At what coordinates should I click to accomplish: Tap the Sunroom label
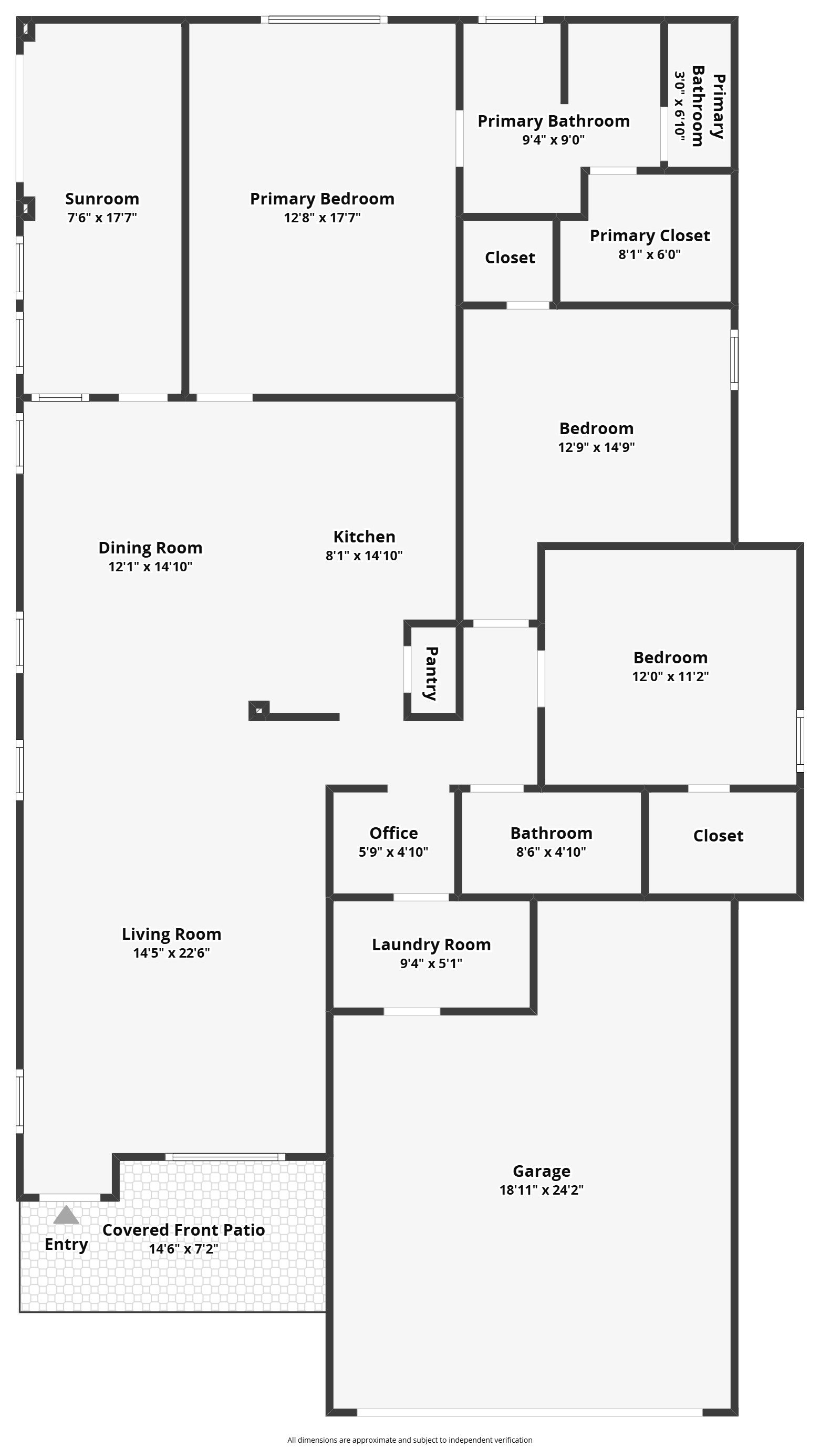tap(102, 199)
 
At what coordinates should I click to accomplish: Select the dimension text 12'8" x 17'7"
tap(322, 218)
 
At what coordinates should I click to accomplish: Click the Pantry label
tap(431, 673)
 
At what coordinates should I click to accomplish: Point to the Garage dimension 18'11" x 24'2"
tap(541, 1189)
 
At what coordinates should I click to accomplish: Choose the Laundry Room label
tap(431, 945)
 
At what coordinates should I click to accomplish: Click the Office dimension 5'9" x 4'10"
tap(393, 852)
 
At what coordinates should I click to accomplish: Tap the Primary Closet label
tap(650, 235)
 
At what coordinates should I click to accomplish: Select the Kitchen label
tap(365, 537)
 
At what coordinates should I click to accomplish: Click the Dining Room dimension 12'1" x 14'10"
tap(150, 566)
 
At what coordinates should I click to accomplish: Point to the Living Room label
tap(172, 934)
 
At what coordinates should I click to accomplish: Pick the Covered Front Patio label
tap(184, 1230)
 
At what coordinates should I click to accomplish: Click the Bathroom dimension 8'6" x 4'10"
tap(552, 852)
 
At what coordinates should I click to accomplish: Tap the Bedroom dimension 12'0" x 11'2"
tap(670, 676)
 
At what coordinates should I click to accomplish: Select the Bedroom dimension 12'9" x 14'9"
tap(596, 447)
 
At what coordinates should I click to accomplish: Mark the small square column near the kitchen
tap(259, 711)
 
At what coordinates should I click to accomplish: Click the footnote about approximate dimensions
tap(410, 1440)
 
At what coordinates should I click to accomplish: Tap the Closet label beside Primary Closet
tap(510, 258)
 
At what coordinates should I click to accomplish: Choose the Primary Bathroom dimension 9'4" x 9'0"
tap(554, 140)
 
